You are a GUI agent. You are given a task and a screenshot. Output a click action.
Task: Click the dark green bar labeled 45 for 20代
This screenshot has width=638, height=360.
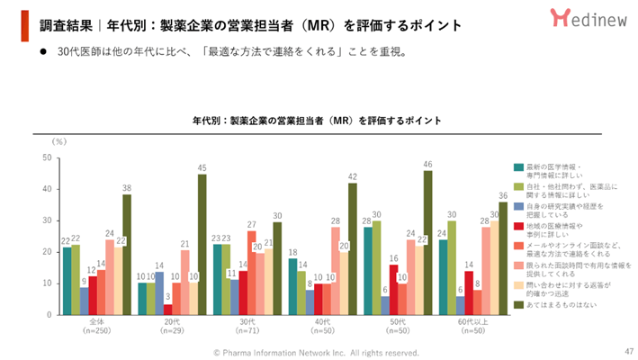202,244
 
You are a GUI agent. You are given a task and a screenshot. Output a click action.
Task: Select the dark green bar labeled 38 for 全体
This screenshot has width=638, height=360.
127,255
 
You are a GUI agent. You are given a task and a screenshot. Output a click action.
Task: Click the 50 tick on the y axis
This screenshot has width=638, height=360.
45,157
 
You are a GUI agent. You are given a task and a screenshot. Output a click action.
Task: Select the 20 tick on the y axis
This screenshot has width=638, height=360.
45,252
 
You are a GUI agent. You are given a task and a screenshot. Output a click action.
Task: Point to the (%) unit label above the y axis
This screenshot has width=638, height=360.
59,141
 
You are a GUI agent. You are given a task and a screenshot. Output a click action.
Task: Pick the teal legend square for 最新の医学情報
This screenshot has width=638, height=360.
518,166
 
